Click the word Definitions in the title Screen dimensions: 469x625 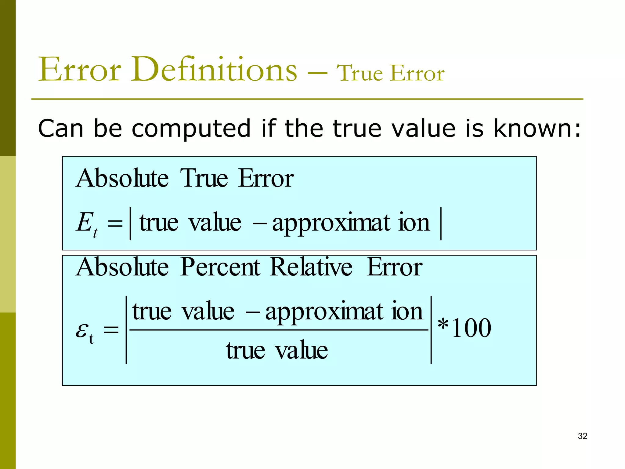click(214, 70)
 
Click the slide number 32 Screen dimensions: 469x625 click(582, 436)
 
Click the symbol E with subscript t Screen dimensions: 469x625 click(86, 224)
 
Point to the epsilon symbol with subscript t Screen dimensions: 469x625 click(84, 332)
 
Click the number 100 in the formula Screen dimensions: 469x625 click(471, 328)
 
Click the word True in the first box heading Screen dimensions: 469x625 click(204, 178)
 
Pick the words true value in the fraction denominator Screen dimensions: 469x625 click(277, 350)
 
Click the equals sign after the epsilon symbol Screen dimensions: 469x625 click(111, 330)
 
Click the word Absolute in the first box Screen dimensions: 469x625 click(122, 178)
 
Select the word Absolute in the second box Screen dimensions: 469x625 click(122, 267)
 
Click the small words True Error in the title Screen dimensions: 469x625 click(390, 73)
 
